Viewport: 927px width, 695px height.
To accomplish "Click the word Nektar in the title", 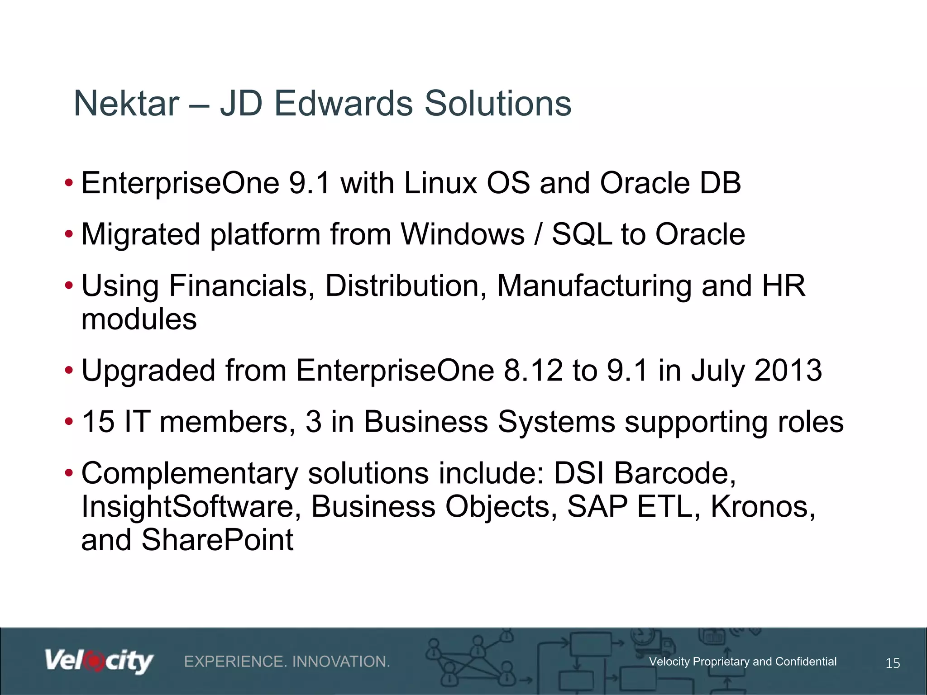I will (126, 104).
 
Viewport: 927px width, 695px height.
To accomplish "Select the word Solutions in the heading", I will (498, 104).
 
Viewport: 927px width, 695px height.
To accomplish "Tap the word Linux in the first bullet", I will (440, 183).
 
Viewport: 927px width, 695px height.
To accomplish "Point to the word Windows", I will (463, 234).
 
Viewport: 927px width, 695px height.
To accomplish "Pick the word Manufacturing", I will (594, 286).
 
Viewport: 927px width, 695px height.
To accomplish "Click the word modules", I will (139, 319).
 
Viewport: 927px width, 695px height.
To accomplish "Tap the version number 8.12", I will (533, 371).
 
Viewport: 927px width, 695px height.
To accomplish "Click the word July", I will (717, 371).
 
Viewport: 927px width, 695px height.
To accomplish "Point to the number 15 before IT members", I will (98, 422).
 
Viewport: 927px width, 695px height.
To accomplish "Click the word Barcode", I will (674, 473).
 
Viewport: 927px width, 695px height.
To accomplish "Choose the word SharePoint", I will (217, 540).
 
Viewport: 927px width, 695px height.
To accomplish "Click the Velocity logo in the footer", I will (99, 662).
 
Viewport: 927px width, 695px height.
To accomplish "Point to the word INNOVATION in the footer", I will (341, 662).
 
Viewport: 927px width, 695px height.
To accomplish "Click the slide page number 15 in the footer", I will (893, 663).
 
